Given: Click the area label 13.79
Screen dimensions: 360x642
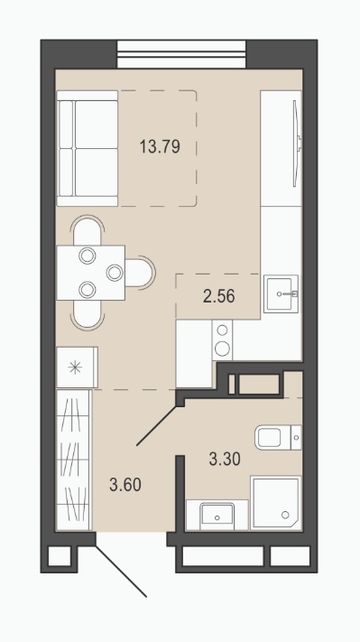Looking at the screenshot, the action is click(160, 146).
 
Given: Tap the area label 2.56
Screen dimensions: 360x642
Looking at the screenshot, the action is click(219, 296).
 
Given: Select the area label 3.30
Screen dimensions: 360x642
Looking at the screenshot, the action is click(225, 459).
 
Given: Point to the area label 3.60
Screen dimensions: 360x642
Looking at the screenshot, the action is click(125, 485).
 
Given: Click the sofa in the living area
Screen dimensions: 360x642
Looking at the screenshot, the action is click(88, 148).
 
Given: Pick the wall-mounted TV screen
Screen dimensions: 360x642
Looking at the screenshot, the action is click(297, 144).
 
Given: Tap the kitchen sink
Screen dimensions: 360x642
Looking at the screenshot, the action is click(281, 294).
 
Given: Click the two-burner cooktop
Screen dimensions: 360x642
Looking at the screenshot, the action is click(222, 340).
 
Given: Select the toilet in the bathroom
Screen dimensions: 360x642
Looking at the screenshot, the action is click(278, 437).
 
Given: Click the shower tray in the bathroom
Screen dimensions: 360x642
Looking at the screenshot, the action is click(276, 503).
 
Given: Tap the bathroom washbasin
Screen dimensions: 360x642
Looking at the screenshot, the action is click(217, 515).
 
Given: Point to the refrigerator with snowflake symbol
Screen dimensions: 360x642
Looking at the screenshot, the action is click(77, 368).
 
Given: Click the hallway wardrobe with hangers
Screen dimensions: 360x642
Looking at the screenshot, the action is click(74, 460).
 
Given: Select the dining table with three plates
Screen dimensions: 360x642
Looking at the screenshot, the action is click(91, 273).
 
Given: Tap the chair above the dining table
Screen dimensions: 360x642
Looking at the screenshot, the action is click(88, 230).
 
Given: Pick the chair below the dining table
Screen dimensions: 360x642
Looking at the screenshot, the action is click(88, 315).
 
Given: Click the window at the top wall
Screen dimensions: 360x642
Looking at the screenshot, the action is click(181, 54).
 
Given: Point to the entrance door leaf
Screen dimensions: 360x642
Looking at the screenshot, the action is click(121, 571).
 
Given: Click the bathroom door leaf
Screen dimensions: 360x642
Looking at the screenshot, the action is click(157, 425).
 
